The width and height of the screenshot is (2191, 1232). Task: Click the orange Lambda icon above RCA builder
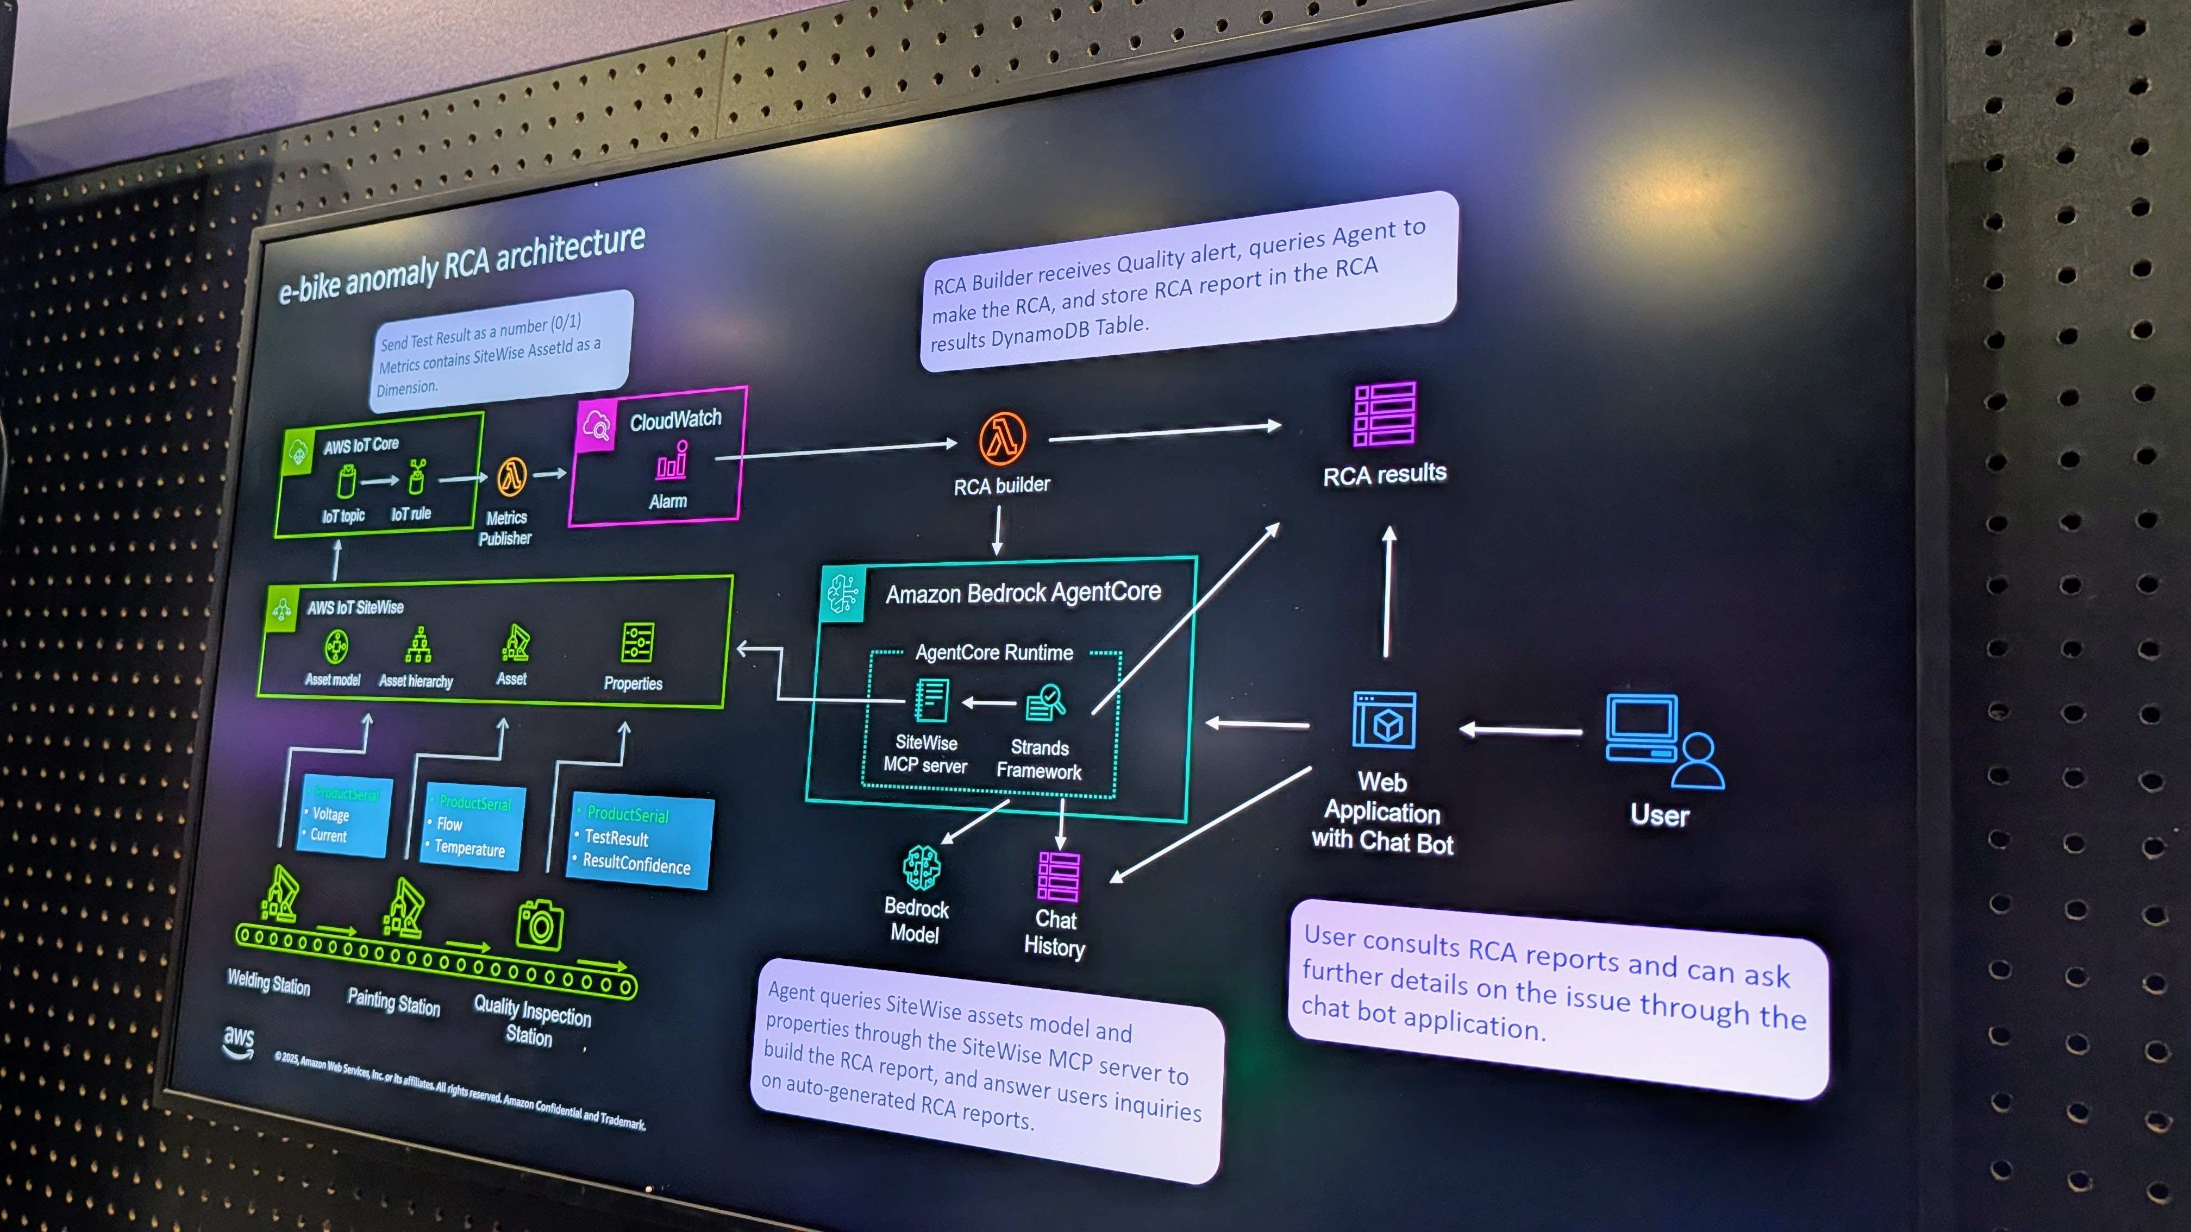click(1002, 438)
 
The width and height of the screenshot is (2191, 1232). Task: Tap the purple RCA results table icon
click(1385, 414)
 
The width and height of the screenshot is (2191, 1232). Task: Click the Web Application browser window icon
click(1385, 720)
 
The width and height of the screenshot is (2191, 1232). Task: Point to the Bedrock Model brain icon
click(921, 868)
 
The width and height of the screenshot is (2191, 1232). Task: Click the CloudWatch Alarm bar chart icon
click(671, 462)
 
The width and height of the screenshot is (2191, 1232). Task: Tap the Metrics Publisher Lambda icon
click(511, 477)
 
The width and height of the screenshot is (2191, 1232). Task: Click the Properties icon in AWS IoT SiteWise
click(637, 643)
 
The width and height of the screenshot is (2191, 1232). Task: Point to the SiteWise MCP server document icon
click(931, 700)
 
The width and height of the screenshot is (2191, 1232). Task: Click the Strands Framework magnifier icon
click(1046, 702)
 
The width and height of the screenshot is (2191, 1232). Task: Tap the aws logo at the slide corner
click(238, 1041)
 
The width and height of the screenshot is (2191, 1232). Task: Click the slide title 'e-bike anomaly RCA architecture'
click(462, 265)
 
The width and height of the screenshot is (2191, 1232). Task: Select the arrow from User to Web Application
click(1521, 731)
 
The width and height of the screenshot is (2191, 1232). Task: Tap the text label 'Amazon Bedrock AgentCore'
click(1023, 593)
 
